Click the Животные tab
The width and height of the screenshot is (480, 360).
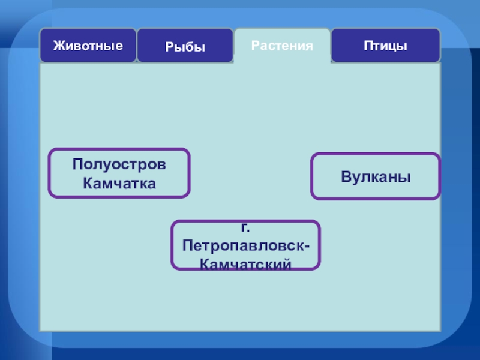pos(88,46)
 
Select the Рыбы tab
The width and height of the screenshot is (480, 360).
pos(185,46)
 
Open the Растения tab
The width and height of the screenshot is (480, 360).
pos(282,46)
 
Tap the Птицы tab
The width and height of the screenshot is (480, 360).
pos(385,46)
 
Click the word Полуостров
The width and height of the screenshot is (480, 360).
pos(119,165)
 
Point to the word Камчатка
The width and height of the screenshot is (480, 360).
pos(119,183)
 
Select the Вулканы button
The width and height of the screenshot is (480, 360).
pos(376,176)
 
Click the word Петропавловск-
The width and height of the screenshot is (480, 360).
pos(246,246)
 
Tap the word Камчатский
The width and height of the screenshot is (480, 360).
pos(246,263)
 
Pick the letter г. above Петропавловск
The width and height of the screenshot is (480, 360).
pos(245,229)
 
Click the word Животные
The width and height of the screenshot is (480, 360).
pos(88,45)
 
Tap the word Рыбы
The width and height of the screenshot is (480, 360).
pos(185,46)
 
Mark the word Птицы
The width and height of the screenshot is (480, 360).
pos(385,46)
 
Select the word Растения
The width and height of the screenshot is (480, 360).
pos(282,46)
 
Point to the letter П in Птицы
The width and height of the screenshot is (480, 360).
pos(367,46)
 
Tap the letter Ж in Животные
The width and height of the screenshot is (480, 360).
pos(58,45)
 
